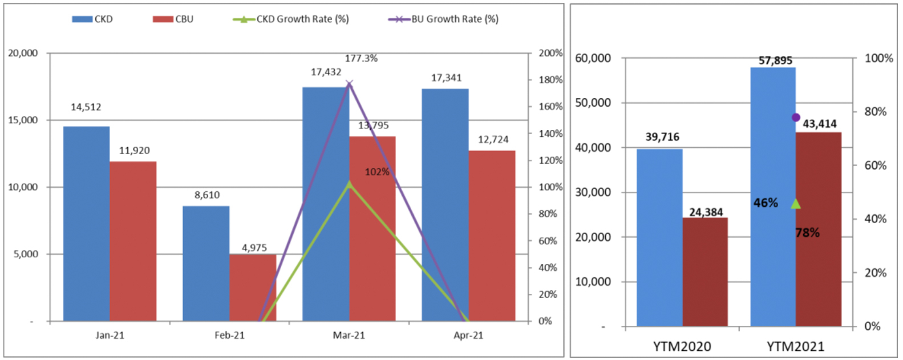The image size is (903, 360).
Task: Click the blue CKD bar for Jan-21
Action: click(86, 224)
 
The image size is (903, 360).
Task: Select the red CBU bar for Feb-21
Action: click(253, 288)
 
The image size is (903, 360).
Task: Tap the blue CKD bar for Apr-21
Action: click(445, 205)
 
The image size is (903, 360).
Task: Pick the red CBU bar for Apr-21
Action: click(492, 236)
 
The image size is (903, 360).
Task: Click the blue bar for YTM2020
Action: click(659, 237)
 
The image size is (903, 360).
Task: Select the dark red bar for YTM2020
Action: click(705, 272)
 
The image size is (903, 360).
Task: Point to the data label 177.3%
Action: click(361, 58)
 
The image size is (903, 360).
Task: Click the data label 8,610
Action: click(206, 195)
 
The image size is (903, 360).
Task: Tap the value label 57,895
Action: click(775, 60)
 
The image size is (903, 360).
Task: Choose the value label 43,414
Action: click(819, 124)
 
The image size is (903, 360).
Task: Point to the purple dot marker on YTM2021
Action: click(796, 118)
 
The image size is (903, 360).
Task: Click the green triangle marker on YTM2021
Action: click(796, 204)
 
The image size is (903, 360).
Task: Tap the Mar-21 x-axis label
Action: click(349, 335)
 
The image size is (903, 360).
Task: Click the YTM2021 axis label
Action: click(795, 346)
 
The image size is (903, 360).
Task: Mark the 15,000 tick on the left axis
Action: click(23, 120)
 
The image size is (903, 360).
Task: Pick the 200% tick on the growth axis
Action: click(550, 53)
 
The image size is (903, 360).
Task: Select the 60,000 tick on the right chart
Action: click(593, 58)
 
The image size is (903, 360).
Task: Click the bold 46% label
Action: click(766, 203)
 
